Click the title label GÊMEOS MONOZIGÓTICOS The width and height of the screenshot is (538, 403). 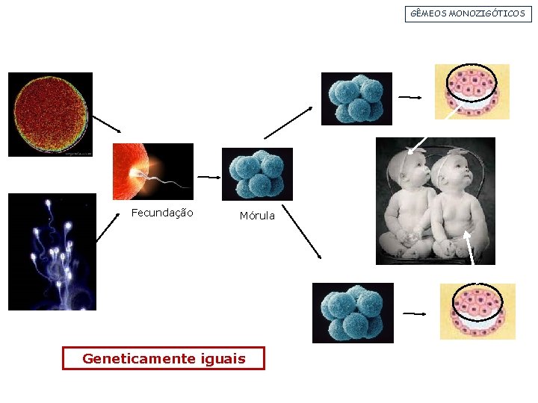[x=469, y=13]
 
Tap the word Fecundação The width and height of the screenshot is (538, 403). [x=162, y=213]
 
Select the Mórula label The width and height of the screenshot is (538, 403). [x=257, y=216]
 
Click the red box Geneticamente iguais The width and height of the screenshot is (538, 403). [x=164, y=358]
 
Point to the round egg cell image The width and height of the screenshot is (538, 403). [x=50, y=114]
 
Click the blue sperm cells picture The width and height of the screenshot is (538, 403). [x=52, y=252]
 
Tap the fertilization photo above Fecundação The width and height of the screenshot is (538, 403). [x=152, y=171]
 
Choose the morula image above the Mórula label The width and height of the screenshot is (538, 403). [x=257, y=174]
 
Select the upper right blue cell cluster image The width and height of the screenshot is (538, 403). [x=356, y=99]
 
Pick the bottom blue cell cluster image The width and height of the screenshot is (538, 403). [x=353, y=313]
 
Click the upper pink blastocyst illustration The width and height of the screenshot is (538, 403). [x=472, y=91]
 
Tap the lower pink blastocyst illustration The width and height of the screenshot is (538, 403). [x=477, y=311]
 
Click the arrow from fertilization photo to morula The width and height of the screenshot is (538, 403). [x=208, y=177]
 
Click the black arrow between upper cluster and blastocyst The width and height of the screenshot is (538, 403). [x=410, y=97]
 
